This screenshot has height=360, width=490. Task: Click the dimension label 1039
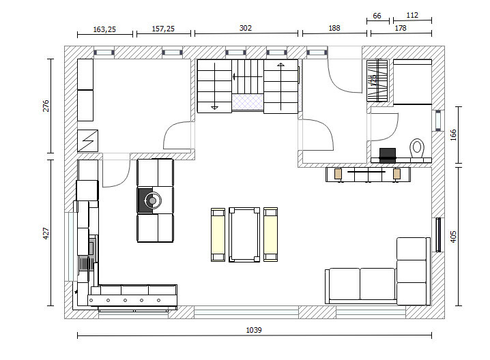(254, 330)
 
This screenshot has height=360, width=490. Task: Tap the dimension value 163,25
(104, 29)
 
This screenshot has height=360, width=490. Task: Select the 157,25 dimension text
(163, 29)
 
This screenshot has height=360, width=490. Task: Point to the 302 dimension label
(245, 28)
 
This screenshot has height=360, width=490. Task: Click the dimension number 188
(334, 28)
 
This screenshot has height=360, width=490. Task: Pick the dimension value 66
(377, 16)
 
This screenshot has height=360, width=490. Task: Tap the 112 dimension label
(412, 15)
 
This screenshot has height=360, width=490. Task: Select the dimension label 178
(401, 28)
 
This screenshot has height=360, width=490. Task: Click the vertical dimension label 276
(46, 106)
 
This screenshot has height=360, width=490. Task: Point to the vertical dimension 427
(46, 234)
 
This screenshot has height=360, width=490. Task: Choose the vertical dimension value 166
(453, 135)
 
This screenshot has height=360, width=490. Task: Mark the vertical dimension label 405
(453, 237)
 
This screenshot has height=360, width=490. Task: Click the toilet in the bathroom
(416, 148)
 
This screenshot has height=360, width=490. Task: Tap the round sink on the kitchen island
(152, 200)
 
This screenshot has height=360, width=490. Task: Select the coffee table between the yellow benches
(244, 235)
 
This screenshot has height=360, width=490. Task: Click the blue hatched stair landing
(248, 102)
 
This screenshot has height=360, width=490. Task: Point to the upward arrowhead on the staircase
(280, 65)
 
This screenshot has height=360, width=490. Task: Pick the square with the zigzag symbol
(87, 141)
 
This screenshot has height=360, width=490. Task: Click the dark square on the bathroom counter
(388, 155)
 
